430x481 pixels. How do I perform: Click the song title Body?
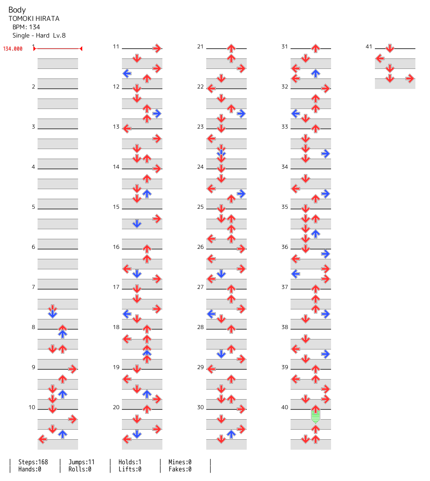[17, 10]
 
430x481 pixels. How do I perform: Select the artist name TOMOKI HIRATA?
[34, 19]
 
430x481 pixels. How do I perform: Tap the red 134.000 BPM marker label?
[13, 49]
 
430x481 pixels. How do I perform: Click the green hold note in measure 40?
[316, 416]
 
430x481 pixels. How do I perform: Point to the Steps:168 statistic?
[33, 462]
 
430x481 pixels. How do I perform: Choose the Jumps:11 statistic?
[81, 462]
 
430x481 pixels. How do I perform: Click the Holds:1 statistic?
[130, 462]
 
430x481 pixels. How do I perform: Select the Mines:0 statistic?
[180, 462]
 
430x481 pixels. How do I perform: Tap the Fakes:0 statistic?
[180, 469]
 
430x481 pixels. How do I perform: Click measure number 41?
[369, 46]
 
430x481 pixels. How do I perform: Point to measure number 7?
[33, 287]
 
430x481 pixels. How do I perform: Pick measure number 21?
[200, 46]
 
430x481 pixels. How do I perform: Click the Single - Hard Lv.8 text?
[39, 35]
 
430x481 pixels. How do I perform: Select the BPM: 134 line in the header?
[26, 27]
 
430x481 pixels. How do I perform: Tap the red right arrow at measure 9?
[73, 369]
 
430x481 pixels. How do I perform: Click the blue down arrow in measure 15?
[137, 223]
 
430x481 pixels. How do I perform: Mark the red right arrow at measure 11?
[157, 48]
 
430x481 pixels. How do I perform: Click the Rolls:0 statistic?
[80, 469]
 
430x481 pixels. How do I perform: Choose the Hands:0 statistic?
[30, 469]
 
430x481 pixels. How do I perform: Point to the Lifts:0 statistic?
[130, 469]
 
